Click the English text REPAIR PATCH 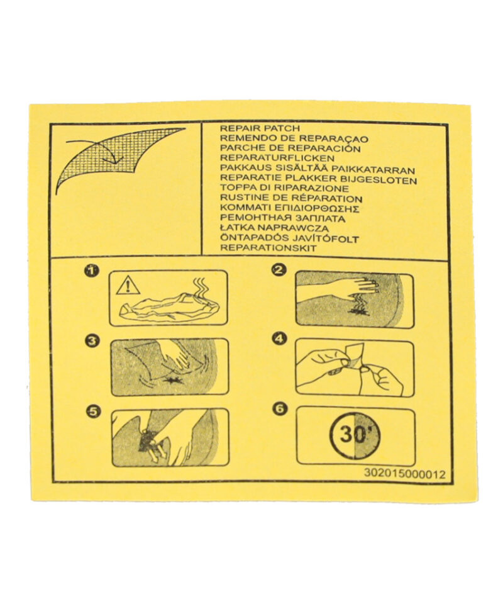(260, 128)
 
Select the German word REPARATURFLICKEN (277, 159)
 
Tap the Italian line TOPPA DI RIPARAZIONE (284, 188)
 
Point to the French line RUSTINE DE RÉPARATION (291, 199)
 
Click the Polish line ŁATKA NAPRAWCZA (274, 228)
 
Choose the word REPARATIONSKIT (268, 249)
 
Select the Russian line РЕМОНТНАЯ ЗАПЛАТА (282, 218)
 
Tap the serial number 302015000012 (404, 473)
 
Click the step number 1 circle (92, 271)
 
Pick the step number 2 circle (279, 270)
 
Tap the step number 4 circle (279, 339)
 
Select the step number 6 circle (280, 409)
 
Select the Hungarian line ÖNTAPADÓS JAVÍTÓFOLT (289, 238)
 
